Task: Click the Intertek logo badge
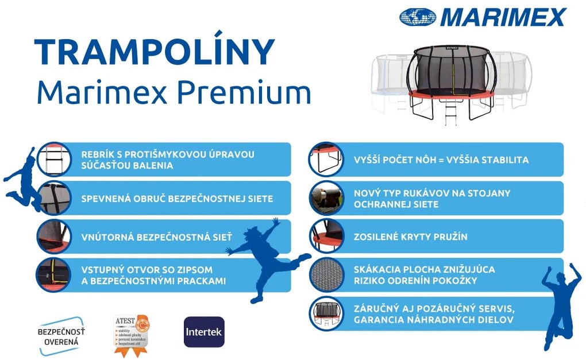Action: [x=204, y=332]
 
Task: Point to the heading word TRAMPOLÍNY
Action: [x=155, y=53]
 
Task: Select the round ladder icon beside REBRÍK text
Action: [x=53, y=159]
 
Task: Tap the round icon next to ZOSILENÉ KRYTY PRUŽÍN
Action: [x=326, y=236]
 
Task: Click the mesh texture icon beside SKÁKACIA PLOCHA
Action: [x=326, y=274]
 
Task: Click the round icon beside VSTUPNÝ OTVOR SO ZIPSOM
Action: [x=53, y=275]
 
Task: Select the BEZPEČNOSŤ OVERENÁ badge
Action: [x=61, y=336]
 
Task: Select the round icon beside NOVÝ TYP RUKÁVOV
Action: [x=326, y=198]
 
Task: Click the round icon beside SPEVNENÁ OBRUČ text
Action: [x=53, y=198]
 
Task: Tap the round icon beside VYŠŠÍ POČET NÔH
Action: [x=326, y=159]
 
